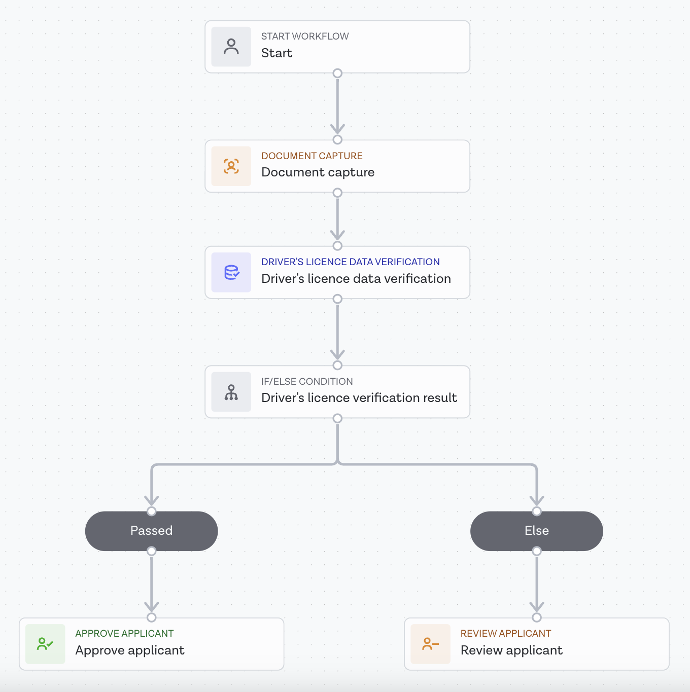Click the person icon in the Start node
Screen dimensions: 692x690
pyautogui.click(x=231, y=47)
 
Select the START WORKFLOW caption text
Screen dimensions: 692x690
pyautogui.click(x=304, y=37)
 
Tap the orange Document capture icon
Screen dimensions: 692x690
pyautogui.click(x=231, y=166)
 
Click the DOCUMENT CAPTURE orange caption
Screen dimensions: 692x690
pyautogui.click(x=312, y=156)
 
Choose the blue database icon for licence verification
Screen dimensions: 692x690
pyautogui.click(x=231, y=272)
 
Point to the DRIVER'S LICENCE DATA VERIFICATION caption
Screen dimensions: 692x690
pyautogui.click(x=350, y=262)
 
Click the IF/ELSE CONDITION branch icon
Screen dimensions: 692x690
pyautogui.click(x=231, y=392)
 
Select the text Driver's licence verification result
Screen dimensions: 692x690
pyautogui.click(x=359, y=398)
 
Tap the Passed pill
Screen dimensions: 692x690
pyautogui.click(x=151, y=531)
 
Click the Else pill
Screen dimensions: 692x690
pyautogui.click(x=536, y=531)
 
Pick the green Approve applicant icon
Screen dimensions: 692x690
pyautogui.click(x=45, y=644)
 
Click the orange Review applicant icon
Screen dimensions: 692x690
pyautogui.click(x=430, y=644)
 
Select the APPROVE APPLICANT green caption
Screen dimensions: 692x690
pyautogui.click(x=124, y=634)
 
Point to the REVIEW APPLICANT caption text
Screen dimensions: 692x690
pyautogui.click(x=505, y=634)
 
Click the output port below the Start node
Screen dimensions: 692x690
pyautogui.click(x=337, y=74)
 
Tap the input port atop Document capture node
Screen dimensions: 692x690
pyautogui.click(x=337, y=140)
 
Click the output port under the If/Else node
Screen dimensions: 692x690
pyautogui.click(x=337, y=418)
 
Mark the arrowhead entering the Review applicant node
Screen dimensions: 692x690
pyautogui.click(x=537, y=607)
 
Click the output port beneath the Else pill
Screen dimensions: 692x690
pyautogui.click(x=537, y=551)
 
